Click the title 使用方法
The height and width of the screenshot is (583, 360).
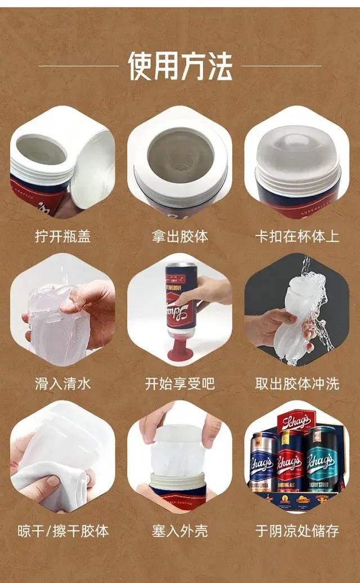click(180, 66)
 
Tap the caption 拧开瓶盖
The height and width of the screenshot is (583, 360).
click(63, 236)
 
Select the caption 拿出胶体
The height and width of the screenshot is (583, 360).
click(179, 236)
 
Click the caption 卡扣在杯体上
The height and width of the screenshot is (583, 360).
click(297, 236)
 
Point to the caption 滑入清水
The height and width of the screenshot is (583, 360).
click(63, 383)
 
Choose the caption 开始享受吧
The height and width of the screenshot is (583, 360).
click(179, 383)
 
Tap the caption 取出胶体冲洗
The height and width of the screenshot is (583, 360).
click(297, 383)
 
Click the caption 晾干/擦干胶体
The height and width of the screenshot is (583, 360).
click(63, 531)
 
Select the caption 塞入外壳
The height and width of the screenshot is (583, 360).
click(179, 531)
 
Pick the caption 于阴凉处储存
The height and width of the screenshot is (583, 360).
click(297, 531)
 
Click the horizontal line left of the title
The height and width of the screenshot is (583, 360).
click(79, 66)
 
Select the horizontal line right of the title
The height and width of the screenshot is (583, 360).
click(281, 66)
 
